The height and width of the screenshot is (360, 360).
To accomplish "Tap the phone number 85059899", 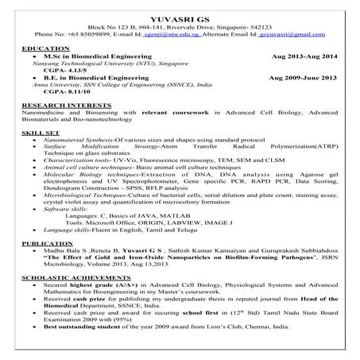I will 85,35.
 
